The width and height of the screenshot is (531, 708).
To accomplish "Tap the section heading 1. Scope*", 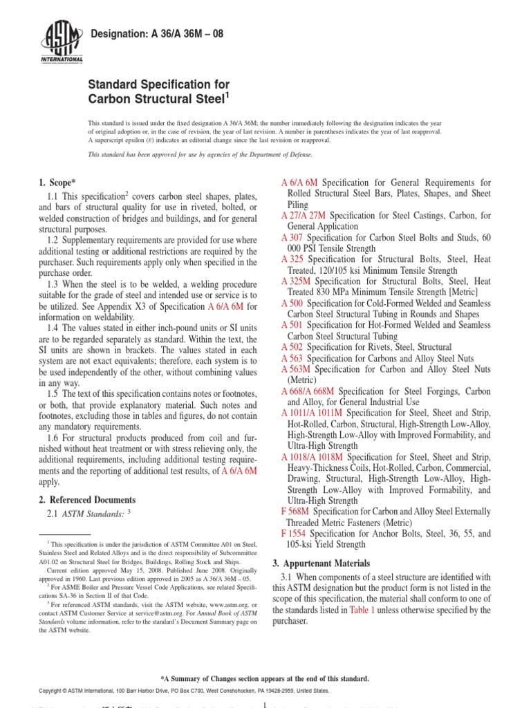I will pyautogui.click(x=56, y=183).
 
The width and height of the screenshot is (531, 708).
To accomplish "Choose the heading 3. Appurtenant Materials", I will pyautogui.click(x=321, y=563).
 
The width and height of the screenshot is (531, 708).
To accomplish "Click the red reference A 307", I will pyautogui.click(x=292, y=237).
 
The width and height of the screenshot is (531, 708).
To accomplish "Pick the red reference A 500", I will pyautogui.click(x=292, y=304).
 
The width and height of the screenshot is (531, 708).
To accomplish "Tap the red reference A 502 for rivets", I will pyautogui.click(x=292, y=347).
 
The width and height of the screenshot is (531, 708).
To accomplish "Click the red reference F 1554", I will pyautogui.click(x=293, y=534).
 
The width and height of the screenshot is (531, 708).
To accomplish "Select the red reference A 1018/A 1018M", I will pyautogui.click(x=312, y=457).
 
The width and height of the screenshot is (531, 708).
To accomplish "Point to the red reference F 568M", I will pyautogui.click(x=294, y=512).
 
